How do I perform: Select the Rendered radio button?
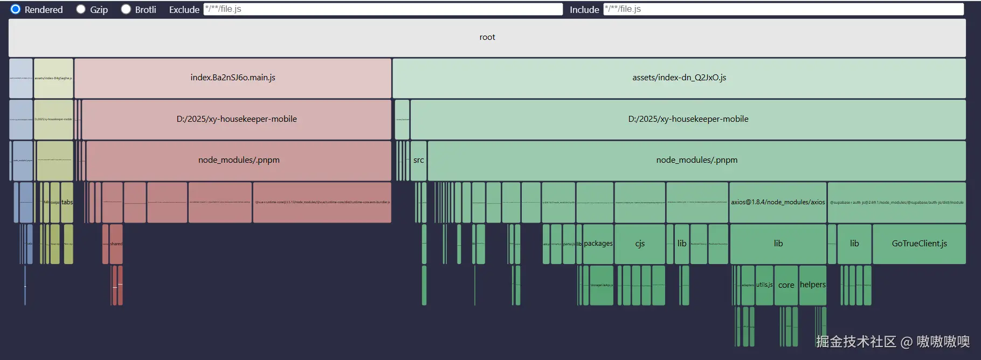[16, 9]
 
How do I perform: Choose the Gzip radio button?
[81, 9]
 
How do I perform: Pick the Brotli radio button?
[126, 9]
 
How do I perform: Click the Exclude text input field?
[383, 9]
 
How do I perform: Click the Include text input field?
[783, 9]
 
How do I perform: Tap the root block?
[487, 37]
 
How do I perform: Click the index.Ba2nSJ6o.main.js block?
[233, 78]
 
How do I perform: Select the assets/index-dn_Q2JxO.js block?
[679, 78]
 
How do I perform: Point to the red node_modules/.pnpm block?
[239, 160]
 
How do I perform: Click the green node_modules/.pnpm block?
[696, 160]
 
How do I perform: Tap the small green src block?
[419, 160]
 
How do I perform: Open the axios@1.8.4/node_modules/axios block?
[778, 202]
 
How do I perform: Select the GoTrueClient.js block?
[919, 244]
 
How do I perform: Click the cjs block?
[640, 244]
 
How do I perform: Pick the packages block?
[598, 244]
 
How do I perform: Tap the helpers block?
[812, 285]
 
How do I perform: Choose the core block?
[786, 285]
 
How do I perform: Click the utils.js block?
[764, 285]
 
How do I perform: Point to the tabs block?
[67, 202]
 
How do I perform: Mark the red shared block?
[116, 244]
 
